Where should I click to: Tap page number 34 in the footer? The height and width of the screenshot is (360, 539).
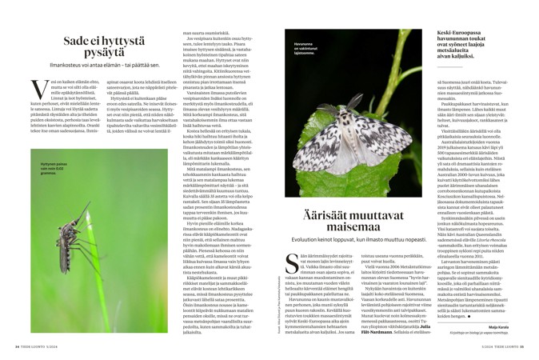click(x=18, y=346)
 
